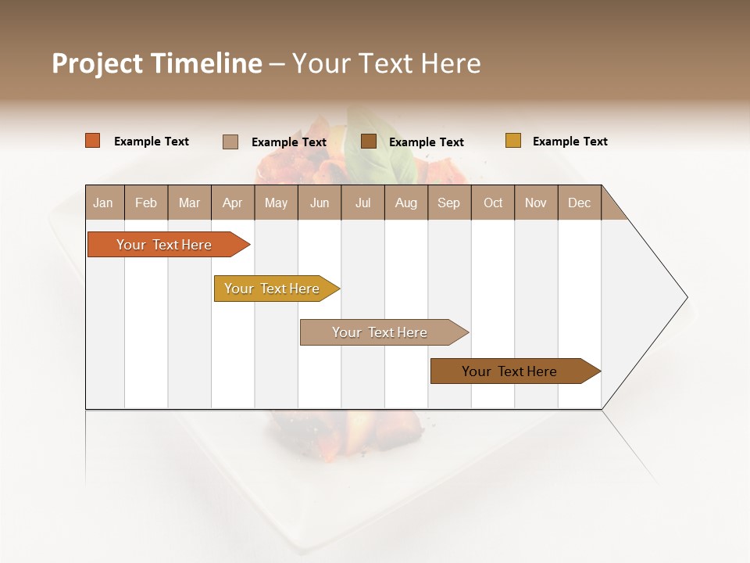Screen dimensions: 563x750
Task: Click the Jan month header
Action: (103, 203)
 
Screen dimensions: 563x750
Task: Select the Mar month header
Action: (189, 203)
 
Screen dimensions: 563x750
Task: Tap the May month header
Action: (276, 203)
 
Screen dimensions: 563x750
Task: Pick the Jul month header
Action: (362, 203)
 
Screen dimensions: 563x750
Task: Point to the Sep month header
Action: (448, 203)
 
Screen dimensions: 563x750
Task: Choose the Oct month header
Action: (493, 203)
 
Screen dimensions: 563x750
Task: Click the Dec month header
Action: (579, 203)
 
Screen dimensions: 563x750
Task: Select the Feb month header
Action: (146, 203)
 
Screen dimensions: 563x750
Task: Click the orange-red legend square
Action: (93, 141)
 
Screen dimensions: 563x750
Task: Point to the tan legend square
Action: (230, 142)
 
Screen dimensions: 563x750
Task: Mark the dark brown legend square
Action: (369, 141)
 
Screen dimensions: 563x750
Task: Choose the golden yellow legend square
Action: (512, 141)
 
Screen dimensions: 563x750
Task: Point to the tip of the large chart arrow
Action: (686, 297)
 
